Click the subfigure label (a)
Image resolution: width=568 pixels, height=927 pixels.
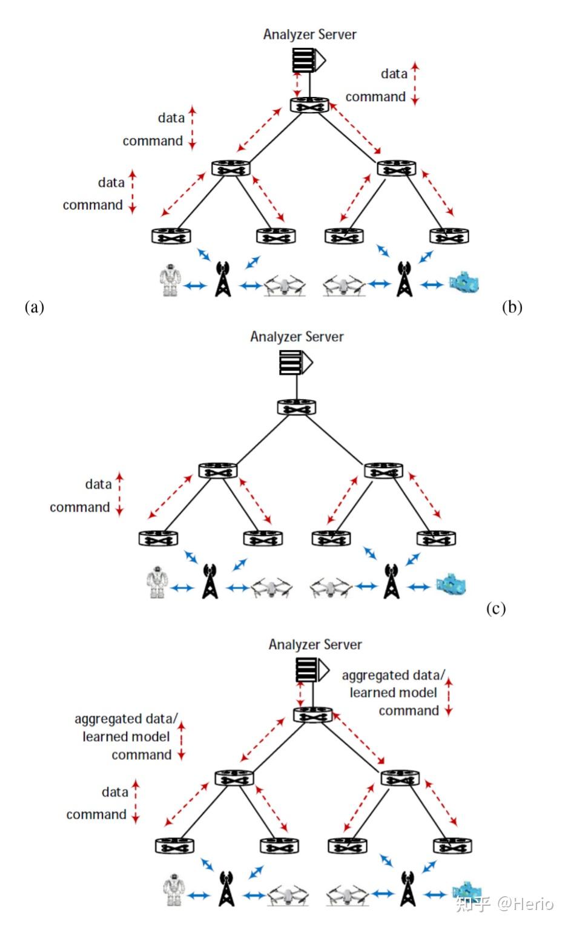(x=35, y=307)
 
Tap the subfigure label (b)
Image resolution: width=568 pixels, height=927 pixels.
(x=512, y=307)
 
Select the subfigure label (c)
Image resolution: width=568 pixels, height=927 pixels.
(x=495, y=609)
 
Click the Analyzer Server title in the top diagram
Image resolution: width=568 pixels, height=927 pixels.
(x=309, y=35)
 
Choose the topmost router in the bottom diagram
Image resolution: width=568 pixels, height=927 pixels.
(x=313, y=714)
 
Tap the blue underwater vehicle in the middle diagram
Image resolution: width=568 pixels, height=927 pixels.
(x=452, y=584)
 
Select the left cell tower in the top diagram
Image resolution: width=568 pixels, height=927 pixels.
(x=223, y=279)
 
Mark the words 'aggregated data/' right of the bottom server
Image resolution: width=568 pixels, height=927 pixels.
(x=393, y=675)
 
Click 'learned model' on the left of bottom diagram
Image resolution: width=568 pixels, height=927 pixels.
(x=126, y=737)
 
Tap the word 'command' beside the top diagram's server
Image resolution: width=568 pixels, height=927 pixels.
(x=375, y=97)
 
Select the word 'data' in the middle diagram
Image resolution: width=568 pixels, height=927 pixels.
(x=98, y=484)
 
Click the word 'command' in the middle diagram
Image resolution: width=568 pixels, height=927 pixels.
(x=79, y=507)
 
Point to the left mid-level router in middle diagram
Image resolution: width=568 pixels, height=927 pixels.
(x=217, y=470)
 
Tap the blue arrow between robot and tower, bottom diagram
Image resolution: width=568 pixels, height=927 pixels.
(x=199, y=895)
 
